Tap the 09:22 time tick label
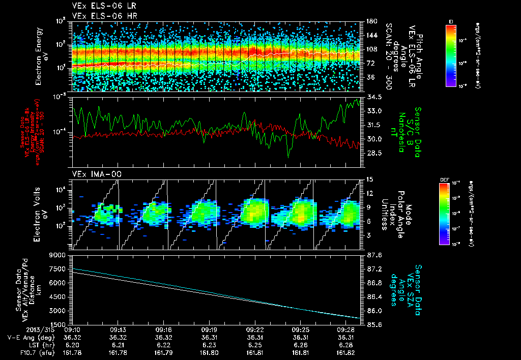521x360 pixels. point(256,329)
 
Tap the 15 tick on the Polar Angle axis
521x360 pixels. point(368,179)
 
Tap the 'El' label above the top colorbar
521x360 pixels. point(451,21)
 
